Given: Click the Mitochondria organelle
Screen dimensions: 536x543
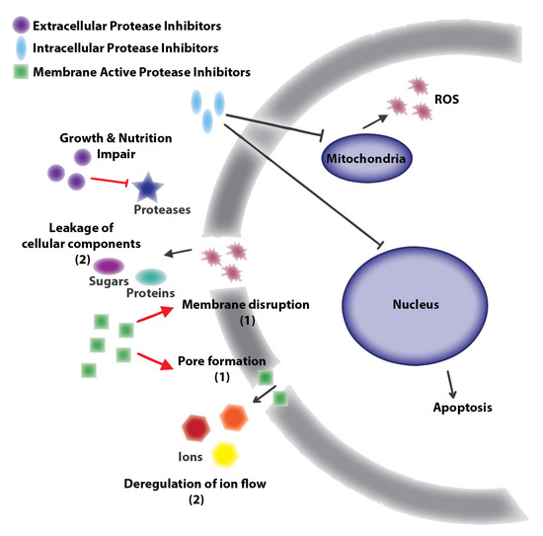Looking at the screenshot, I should pyautogui.click(x=364, y=156).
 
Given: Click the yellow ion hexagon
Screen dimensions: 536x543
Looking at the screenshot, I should pyautogui.click(x=226, y=453).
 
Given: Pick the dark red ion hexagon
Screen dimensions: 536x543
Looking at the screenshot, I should pyautogui.click(x=196, y=427).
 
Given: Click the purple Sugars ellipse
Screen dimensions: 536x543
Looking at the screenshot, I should pyautogui.click(x=107, y=266).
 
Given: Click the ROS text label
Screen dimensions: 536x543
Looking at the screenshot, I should pyautogui.click(x=447, y=99).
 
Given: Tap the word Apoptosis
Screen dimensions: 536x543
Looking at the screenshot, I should pyautogui.click(x=461, y=406).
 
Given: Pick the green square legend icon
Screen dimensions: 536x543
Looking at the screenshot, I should pyautogui.click(x=18, y=70).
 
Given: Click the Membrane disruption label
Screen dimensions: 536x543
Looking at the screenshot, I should pyautogui.click(x=246, y=305).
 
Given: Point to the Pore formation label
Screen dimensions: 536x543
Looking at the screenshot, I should pyautogui.click(x=228, y=361).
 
